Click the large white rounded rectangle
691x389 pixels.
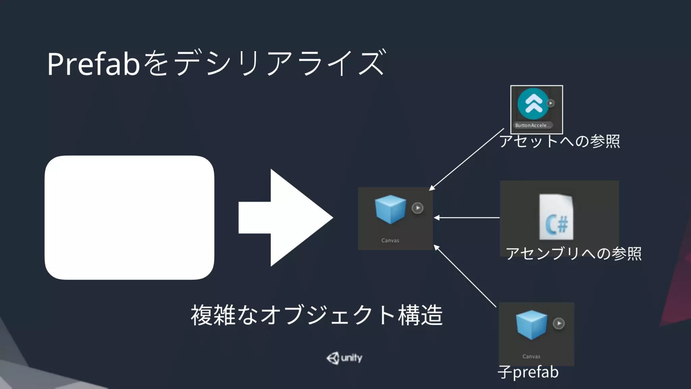129,217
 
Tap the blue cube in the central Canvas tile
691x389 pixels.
390,209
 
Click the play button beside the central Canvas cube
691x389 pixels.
417,208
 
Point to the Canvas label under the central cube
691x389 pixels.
390,240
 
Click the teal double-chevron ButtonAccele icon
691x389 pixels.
533,104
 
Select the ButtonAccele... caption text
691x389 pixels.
533,125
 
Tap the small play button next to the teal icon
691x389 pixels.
551,103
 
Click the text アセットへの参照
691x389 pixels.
559,141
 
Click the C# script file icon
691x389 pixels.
556,217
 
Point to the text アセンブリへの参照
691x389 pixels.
574,253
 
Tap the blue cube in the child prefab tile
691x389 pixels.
531,325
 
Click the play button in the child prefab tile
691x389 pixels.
559,323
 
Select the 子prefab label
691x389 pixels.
528,372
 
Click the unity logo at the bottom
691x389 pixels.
344,358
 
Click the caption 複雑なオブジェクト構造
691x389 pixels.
316,315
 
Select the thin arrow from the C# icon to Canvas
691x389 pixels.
467,218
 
